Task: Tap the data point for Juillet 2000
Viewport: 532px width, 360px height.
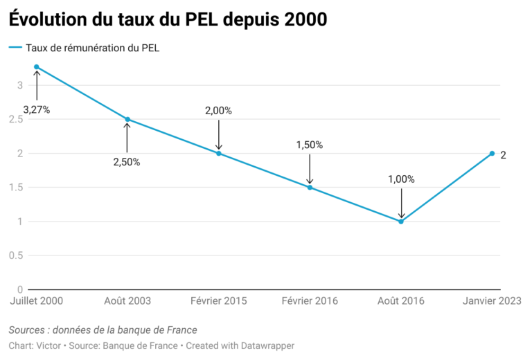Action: coord(37,67)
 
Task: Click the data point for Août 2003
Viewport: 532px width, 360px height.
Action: coord(127,119)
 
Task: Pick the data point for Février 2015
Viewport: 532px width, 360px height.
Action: coord(219,153)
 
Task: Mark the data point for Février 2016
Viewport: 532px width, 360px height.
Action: coord(310,187)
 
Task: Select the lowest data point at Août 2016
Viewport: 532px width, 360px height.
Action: coord(401,222)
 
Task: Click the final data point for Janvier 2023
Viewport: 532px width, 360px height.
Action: coord(492,153)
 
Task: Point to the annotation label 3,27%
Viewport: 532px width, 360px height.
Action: coord(37,109)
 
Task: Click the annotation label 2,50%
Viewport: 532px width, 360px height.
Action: coord(127,162)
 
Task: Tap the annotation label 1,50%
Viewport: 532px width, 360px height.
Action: coord(310,145)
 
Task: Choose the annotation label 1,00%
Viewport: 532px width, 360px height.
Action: coord(401,179)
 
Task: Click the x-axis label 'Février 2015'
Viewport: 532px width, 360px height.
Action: coord(218,301)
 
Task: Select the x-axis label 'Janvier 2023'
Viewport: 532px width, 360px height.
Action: coord(491,301)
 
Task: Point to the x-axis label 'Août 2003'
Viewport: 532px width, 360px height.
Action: coord(127,301)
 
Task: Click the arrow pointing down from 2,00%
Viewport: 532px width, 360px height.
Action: coord(219,134)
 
